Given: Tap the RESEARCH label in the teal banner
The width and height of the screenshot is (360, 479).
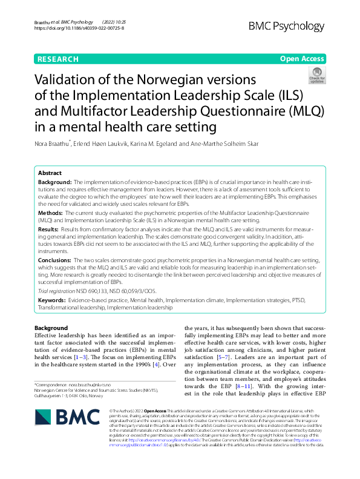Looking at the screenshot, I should pos(58,59).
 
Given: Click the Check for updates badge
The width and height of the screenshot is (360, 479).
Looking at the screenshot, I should pos(316,76).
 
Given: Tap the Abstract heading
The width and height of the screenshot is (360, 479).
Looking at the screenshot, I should pos(50,173).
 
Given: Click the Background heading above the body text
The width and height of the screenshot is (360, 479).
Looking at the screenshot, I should pos(51,328).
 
